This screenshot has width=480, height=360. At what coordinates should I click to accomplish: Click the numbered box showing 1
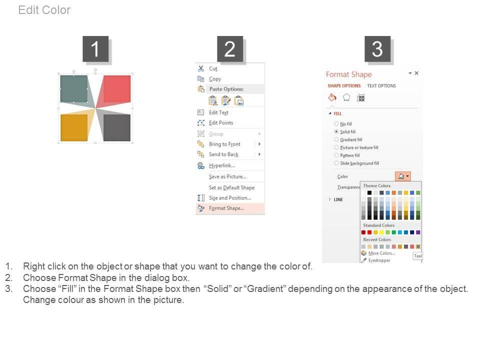pos(95,49)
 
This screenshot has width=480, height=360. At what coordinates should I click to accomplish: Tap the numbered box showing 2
pos(230,49)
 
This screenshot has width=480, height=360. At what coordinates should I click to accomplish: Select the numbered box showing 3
pos(377,49)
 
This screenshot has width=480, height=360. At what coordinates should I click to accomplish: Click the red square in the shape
pos(117,89)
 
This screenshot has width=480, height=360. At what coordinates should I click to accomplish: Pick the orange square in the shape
pos(74,127)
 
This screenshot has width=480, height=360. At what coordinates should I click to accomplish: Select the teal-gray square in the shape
pos(74,89)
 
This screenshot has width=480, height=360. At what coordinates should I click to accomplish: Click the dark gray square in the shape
pos(117,127)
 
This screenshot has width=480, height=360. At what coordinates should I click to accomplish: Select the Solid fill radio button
pos(336,131)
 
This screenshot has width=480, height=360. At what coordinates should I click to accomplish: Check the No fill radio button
pos(336,123)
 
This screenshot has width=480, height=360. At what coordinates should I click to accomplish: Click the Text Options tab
pos(381,85)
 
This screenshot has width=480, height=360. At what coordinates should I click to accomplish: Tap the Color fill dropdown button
pos(403,176)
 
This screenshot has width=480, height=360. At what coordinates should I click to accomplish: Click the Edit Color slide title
pos(44,10)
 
